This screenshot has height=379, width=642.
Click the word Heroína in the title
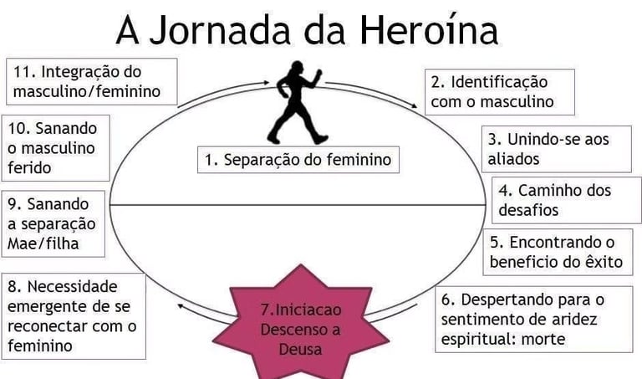[x=430, y=31]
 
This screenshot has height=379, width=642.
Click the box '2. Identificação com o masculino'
[x=499, y=92]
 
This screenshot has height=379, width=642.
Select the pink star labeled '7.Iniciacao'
[x=301, y=322]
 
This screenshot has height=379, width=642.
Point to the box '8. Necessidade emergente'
[x=74, y=315]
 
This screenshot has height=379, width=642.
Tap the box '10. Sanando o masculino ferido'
[x=56, y=147]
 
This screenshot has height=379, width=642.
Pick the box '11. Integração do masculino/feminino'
[x=91, y=81]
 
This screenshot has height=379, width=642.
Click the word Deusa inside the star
[x=301, y=350]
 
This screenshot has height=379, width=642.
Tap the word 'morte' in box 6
[x=543, y=339]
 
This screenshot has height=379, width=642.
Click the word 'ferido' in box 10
[x=29, y=166]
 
